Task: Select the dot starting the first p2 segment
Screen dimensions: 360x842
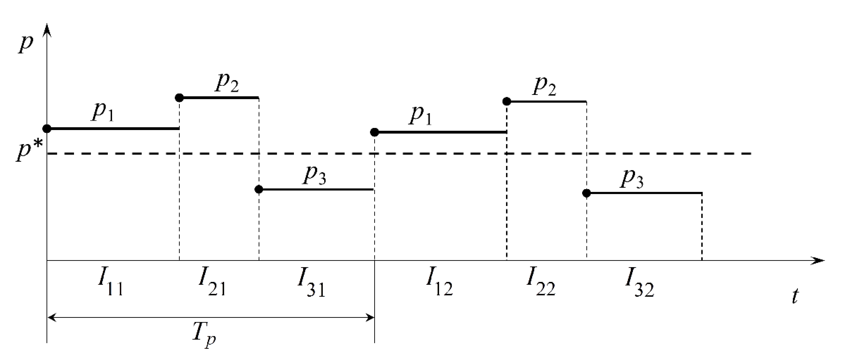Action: (179, 97)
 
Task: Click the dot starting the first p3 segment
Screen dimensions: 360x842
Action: (259, 189)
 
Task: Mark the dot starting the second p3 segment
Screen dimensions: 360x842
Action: (587, 193)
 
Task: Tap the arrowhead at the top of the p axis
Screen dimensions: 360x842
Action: (48, 29)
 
